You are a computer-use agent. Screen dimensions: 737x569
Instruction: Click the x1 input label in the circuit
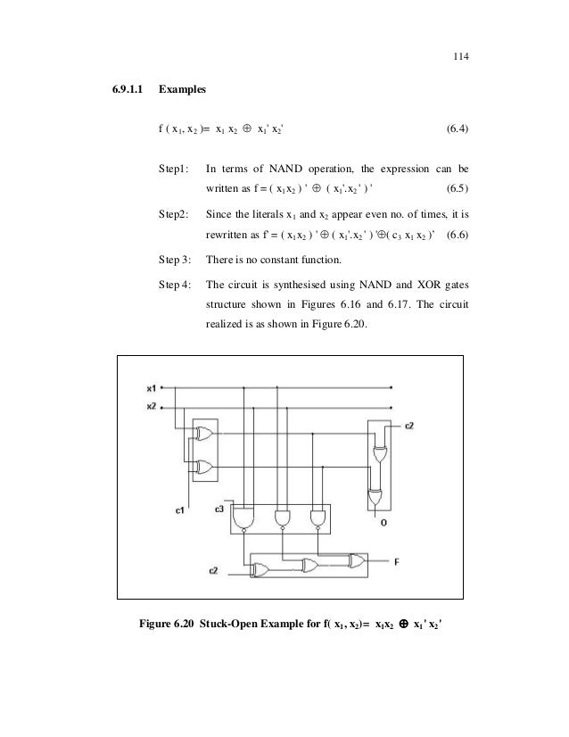(152, 388)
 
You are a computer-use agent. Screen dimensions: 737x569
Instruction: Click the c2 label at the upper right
(409, 426)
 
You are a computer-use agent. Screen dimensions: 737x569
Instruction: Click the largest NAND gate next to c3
(242, 518)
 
